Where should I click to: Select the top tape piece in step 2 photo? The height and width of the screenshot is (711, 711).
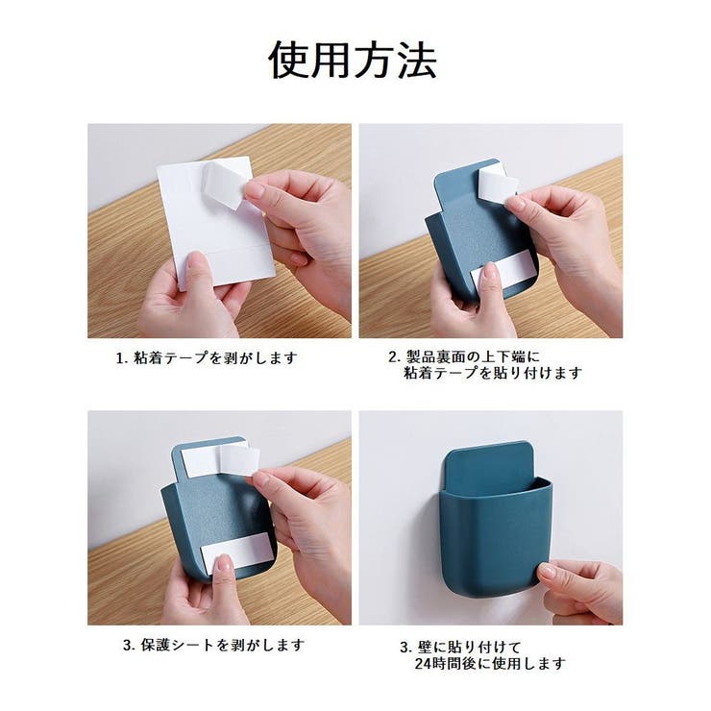496,184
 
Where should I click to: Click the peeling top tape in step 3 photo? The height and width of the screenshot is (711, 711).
231,459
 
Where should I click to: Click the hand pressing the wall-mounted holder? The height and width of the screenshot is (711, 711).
581,587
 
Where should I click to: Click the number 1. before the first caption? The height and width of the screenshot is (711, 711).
121,357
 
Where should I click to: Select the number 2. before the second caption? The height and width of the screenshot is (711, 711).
393,355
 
